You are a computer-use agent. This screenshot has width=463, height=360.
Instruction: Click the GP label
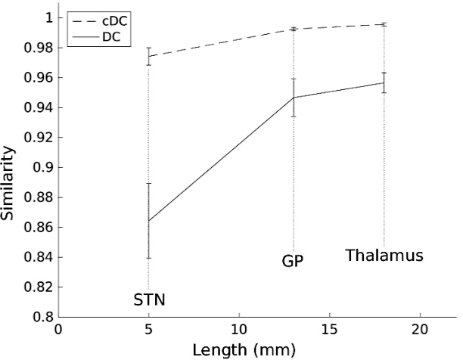[x=293, y=262]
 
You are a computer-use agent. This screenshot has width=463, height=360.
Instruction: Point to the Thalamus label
[x=384, y=256]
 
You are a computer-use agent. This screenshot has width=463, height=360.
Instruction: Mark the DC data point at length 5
[x=148, y=221]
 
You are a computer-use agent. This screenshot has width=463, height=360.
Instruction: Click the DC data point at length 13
[x=294, y=98]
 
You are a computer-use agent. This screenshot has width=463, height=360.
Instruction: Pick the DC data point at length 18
[x=384, y=82]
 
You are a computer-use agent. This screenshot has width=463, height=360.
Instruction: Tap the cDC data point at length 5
[x=148, y=56]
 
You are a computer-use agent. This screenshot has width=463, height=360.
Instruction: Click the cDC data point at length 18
[x=384, y=24]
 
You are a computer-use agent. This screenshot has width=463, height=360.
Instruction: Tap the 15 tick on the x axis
[x=330, y=329]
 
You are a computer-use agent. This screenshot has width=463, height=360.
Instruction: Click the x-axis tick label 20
[x=420, y=329]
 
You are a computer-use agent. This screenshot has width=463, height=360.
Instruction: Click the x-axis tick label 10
[x=239, y=329]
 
